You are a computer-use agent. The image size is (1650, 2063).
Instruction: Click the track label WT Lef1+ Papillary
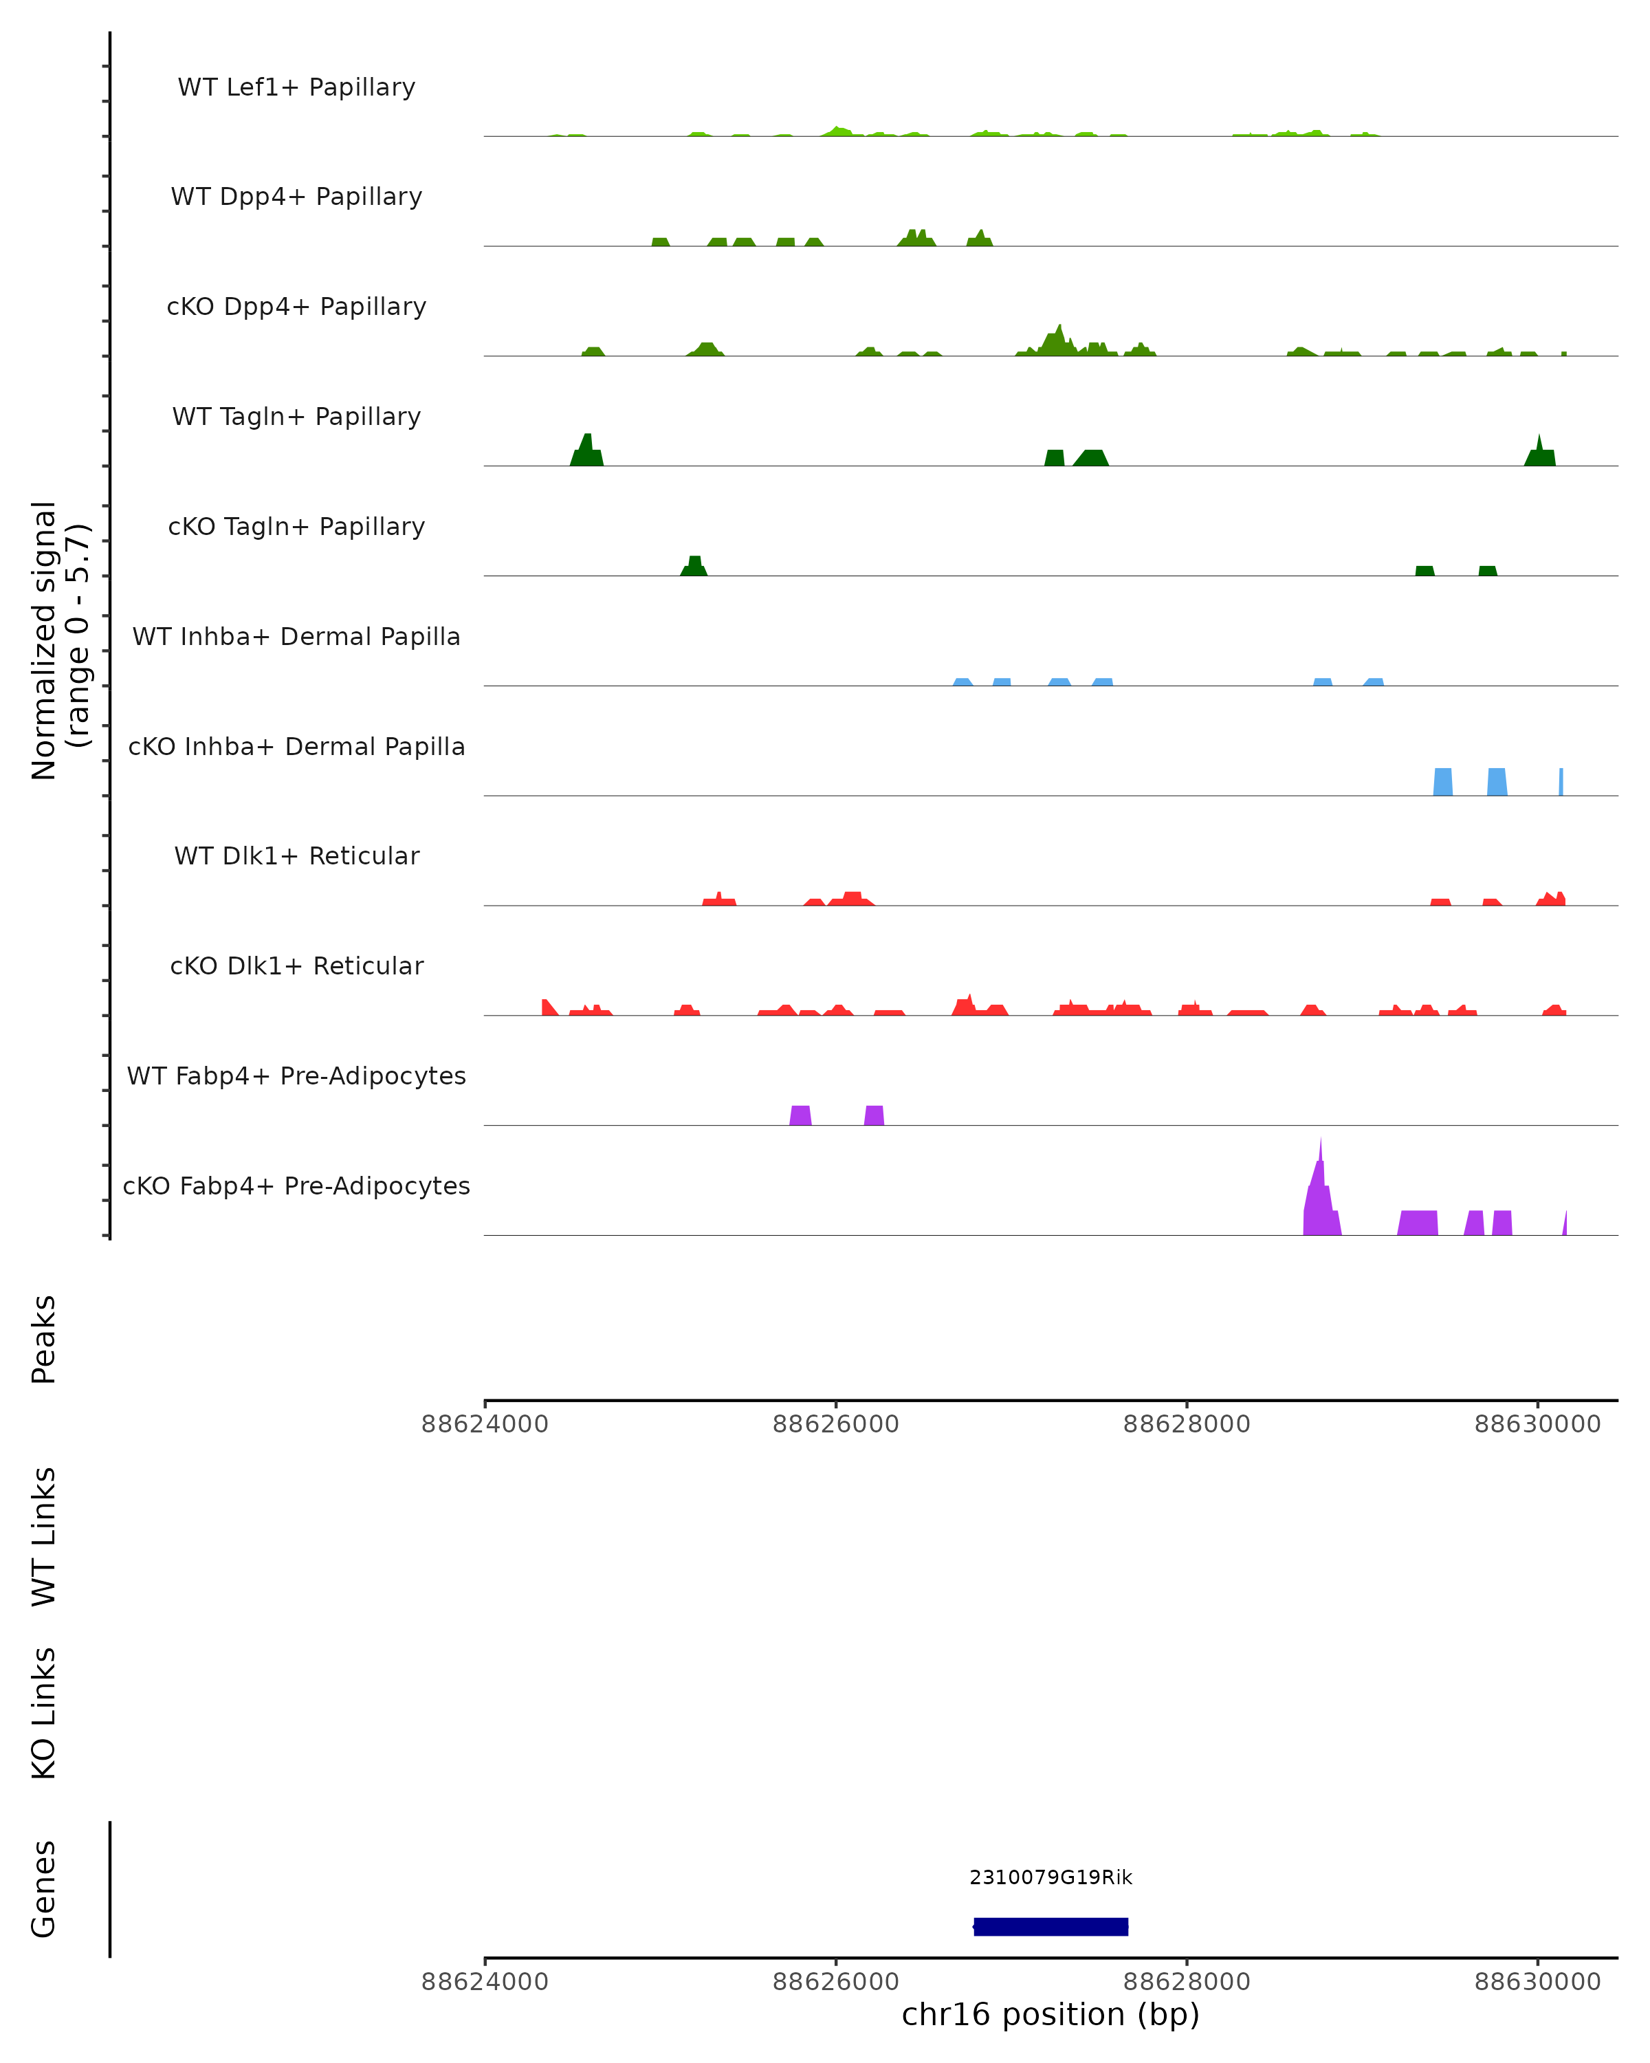[296, 87]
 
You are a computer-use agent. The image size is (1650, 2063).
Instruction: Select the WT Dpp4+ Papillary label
[296, 197]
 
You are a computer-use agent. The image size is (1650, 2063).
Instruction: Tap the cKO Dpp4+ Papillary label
[296, 307]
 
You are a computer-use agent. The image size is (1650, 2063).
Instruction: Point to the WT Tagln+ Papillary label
[296, 417]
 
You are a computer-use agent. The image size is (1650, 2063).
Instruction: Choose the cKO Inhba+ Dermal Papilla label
[296, 747]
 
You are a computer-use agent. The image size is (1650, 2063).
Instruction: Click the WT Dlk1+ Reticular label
[296, 856]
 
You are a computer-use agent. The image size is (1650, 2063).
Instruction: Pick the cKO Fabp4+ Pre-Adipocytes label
[296, 1186]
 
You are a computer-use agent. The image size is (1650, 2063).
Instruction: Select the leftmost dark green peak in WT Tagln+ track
[586, 452]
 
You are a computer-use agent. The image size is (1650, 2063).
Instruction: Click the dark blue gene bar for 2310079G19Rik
[1050, 1927]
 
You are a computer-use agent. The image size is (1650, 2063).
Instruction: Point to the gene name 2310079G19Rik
[1050, 1877]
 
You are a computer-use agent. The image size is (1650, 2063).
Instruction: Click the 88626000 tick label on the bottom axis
[835, 1982]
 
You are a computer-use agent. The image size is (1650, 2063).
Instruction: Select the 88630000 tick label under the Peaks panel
[1537, 1425]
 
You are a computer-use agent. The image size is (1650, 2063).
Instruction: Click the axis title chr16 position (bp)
[1050, 2015]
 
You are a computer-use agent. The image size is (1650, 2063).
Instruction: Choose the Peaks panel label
[44, 1340]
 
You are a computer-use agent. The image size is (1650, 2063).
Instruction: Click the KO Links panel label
[44, 1713]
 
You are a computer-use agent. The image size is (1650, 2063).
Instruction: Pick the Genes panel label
[44, 1889]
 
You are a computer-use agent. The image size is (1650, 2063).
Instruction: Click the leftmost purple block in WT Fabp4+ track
[801, 1115]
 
